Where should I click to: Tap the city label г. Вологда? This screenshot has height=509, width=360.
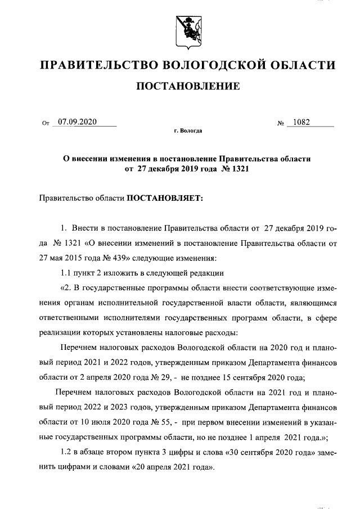pos(188,131)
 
